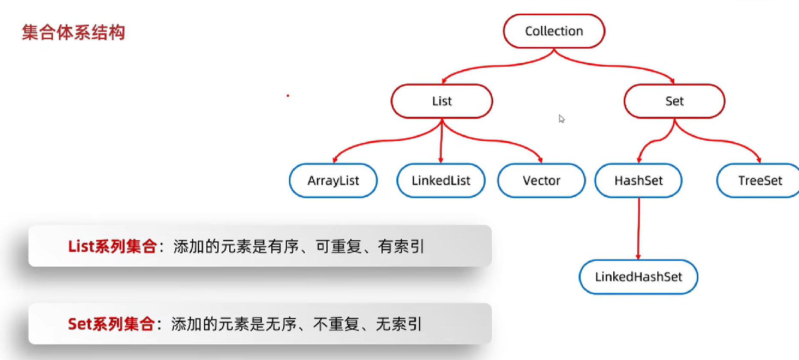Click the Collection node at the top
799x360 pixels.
coord(554,31)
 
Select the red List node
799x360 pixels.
coord(442,101)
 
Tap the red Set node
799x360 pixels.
coord(674,101)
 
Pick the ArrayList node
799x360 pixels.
coord(333,181)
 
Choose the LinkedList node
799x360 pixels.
coord(441,181)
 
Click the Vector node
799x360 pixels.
coord(541,181)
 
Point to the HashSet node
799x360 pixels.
coord(638,181)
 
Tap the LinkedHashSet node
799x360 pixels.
coord(638,277)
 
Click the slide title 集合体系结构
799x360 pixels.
coord(73,33)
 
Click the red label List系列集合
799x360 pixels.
coord(112,247)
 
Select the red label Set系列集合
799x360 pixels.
coord(111,324)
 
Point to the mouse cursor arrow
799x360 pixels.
coord(561,119)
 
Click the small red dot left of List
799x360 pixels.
coord(288,95)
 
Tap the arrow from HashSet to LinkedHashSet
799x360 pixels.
coord(639,229)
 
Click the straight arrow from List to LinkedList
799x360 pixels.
coord(441,141)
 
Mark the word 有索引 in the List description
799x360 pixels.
coord(401,247)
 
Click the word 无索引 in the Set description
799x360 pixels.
coord(399,324)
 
